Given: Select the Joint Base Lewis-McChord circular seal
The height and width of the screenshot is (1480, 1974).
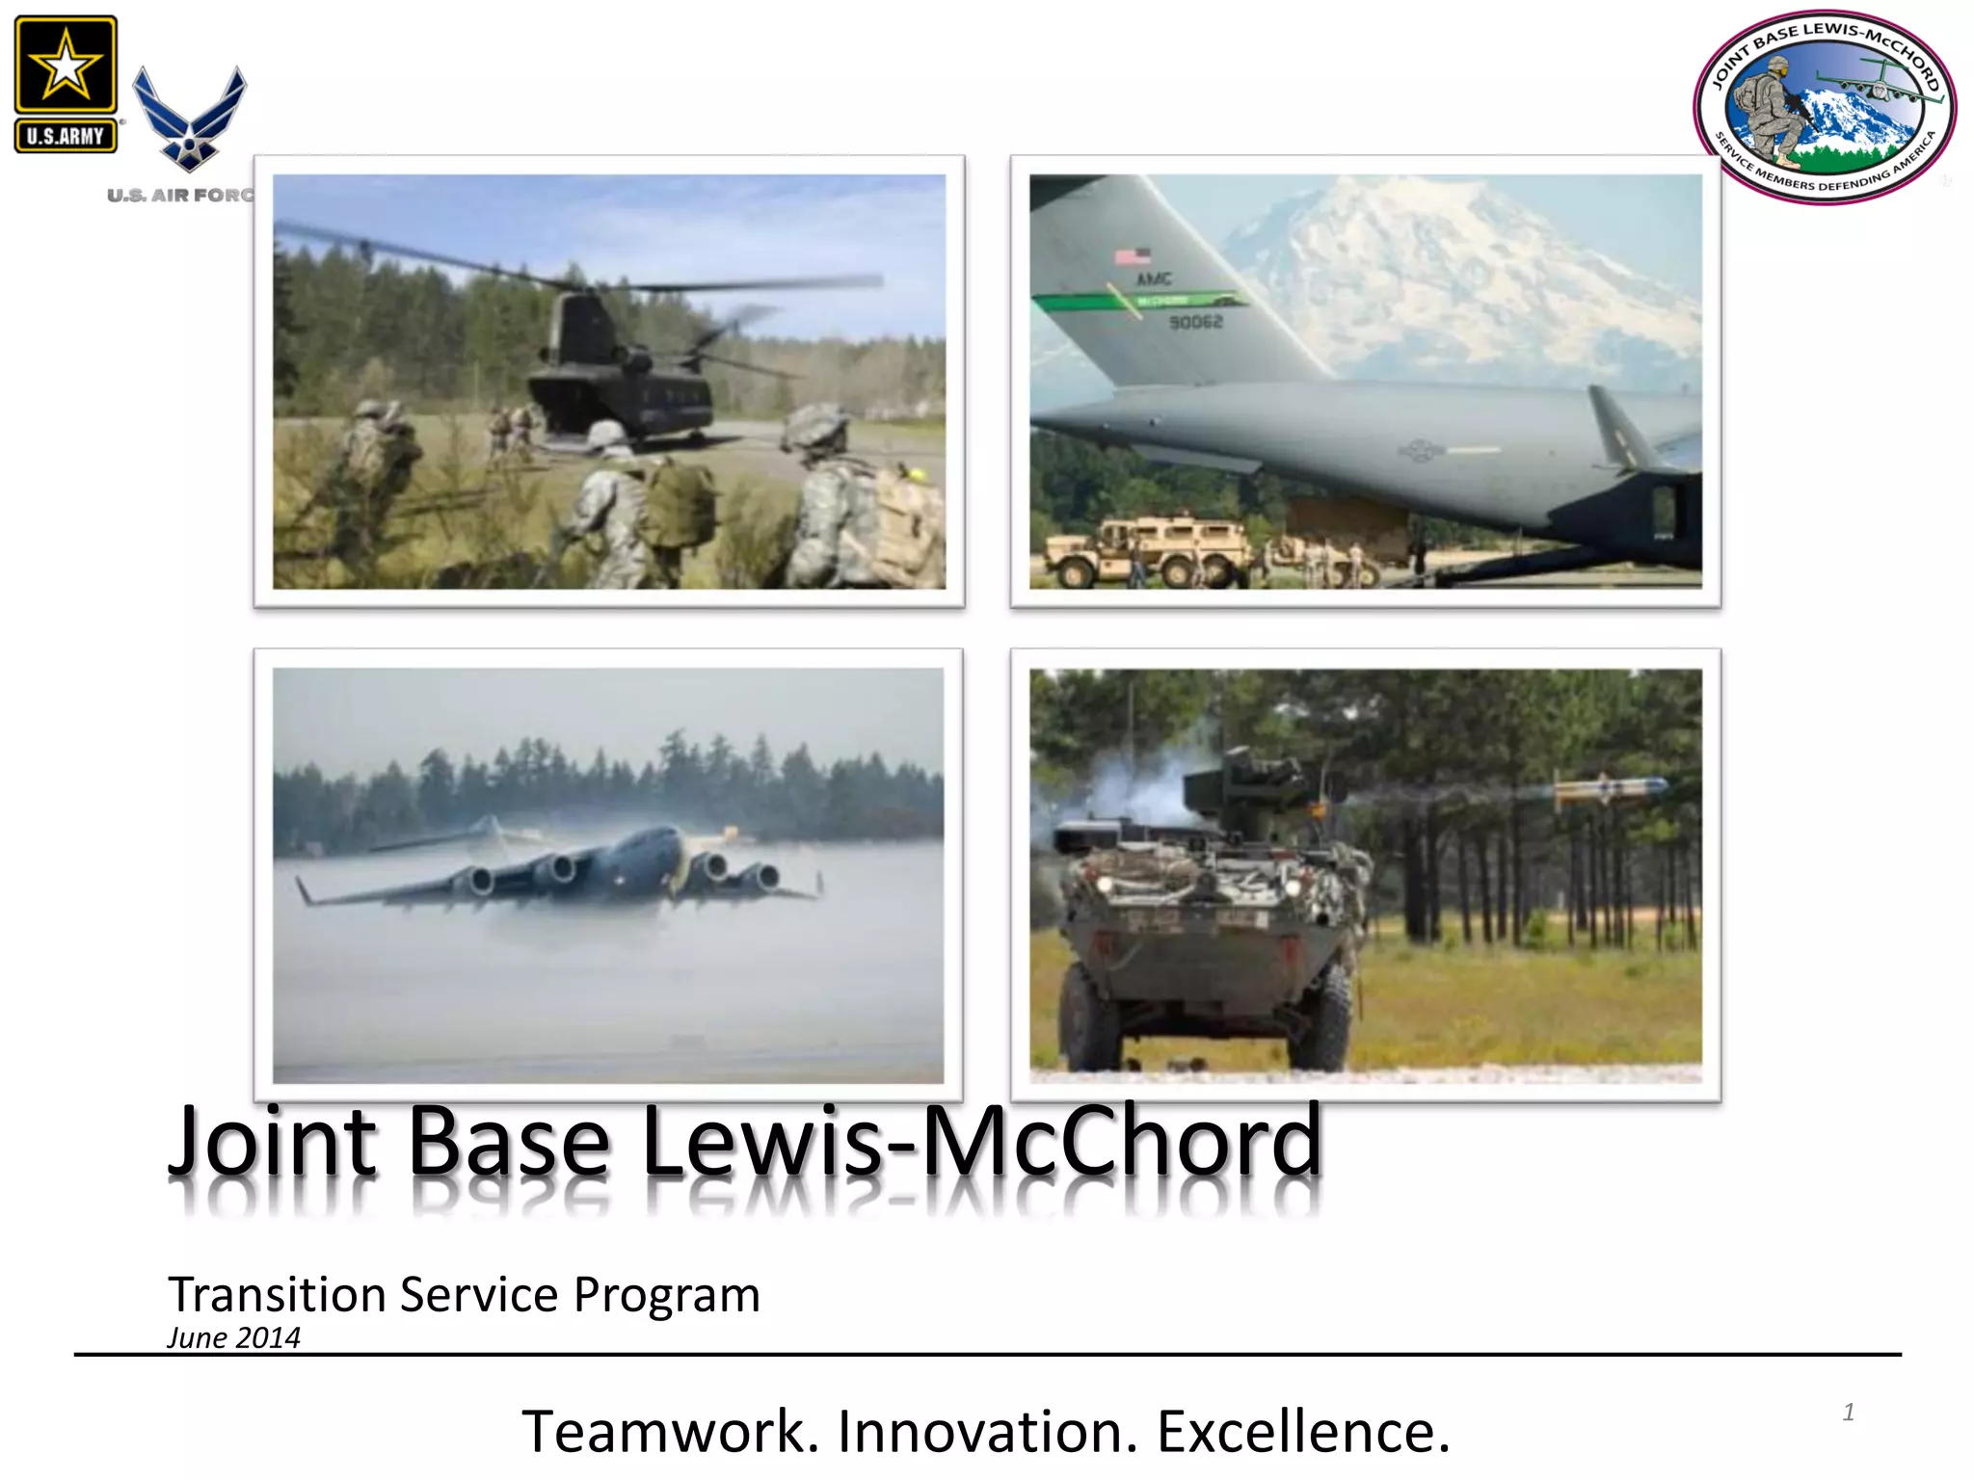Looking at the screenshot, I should [x=1824, y=108].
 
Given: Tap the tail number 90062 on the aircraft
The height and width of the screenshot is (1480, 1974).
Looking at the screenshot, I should [x=1195, y=322].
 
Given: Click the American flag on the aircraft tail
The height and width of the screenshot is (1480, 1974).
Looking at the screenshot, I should [x=1133, y=256].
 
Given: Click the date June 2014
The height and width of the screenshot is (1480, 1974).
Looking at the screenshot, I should [x=233, y=1337].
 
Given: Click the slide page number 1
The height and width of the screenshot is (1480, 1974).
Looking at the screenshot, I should [x=1848, y=1413].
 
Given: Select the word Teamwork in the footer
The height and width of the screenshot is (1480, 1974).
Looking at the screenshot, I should [x=670, y=1431].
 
